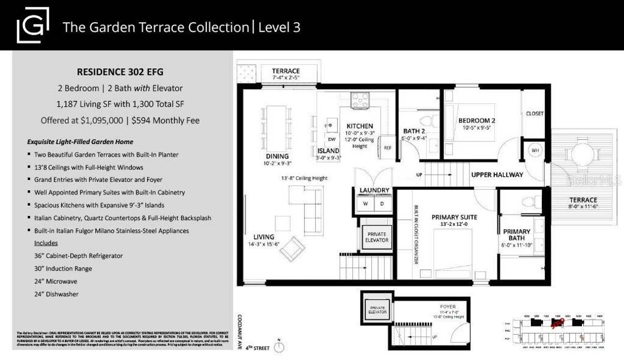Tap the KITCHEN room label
point(359,126)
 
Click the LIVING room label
point(264,236)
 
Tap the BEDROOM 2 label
point(476,120)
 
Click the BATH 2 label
point(413,131)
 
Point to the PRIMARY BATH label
point(516,232)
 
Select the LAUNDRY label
point(374,191)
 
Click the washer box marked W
point(365,203)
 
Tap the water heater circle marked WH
point(533,151)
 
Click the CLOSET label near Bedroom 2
point(535,113)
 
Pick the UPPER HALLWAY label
point(497,175)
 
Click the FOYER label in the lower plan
point(447,305)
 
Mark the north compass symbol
point(278,346)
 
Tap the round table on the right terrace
point(581,154)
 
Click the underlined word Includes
point(46,243)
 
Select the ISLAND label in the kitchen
point(328,151)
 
